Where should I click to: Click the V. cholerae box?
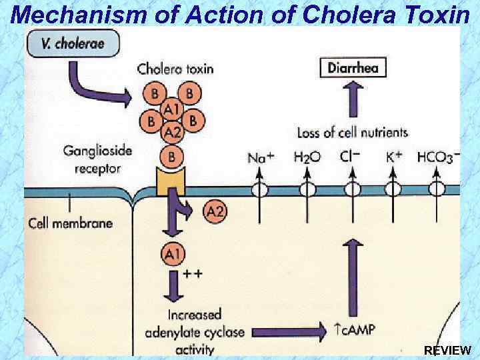[x=73, y=43]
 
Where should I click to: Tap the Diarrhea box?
[x=353, y=67]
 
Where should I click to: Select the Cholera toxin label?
[x=175, y=69]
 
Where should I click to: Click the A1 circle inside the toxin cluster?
[x=173, y=109]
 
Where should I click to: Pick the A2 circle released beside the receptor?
[x=215, y=211]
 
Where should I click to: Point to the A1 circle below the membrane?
[x=173, y=254]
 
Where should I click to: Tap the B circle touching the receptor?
[x=172, y=157]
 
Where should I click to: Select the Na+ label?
[x=261, y=157]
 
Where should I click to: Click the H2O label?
[x=307, y=157]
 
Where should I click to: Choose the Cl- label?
[x=350, y=157]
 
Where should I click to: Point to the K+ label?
[x=394, y=157]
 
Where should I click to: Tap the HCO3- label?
[x=439, y=157]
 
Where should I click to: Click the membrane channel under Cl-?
[x=353, y=189]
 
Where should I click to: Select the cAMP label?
[x=355, y=330]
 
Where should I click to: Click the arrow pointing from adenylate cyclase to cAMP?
[x=289, y=331]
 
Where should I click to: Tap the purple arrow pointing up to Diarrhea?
[x=353, y=99]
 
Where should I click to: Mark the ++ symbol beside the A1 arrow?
[x=193, y=273]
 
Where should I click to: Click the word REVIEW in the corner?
[x=447, y=350]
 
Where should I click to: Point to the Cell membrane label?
[x=71, y=223]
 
